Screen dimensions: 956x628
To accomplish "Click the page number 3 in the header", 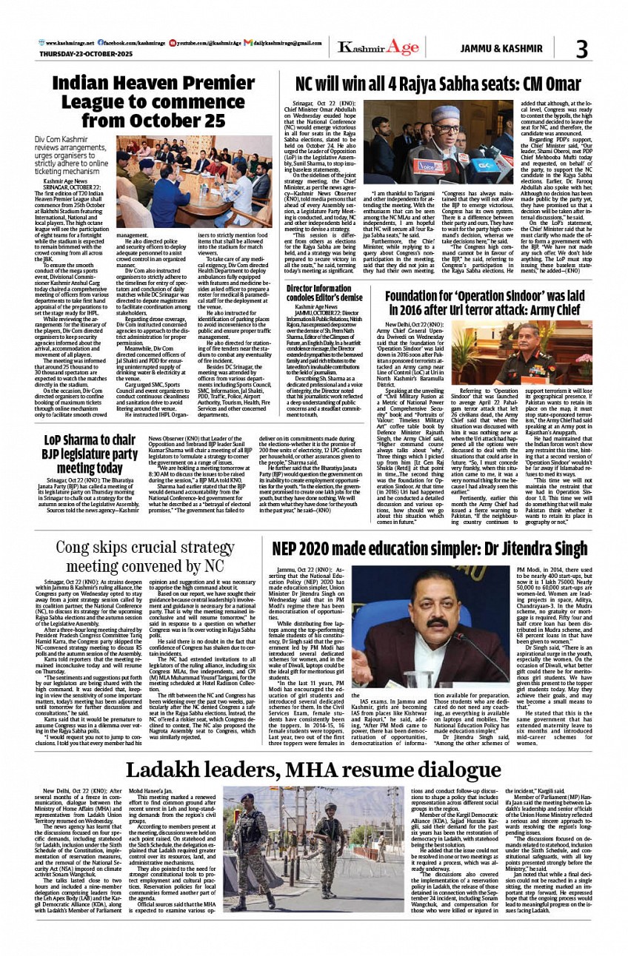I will [581, 49].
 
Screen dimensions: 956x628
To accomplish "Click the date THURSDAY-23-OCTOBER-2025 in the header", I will [81, 54].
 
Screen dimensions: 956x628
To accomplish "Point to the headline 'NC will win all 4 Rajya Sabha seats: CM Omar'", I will [428, 84].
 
